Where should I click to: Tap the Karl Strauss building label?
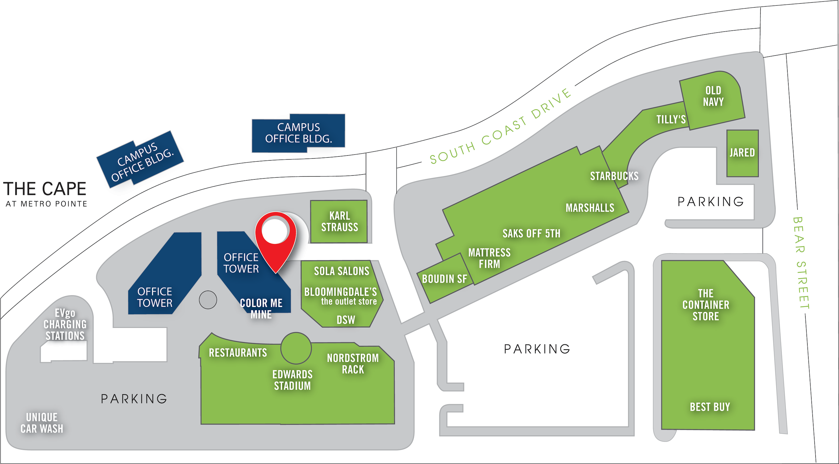(340, 222)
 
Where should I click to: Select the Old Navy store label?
(713, 96)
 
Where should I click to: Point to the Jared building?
(742, 153)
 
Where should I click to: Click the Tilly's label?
(671, 119)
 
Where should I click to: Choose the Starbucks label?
(614, 176)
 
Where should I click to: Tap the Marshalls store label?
(590, 208)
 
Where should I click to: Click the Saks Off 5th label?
(531, 234)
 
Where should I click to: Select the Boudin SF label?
(444, 279)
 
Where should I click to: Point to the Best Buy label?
(710, 407)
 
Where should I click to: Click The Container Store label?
(706, 305)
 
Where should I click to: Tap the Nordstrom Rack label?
(353, 364)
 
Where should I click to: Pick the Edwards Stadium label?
(292, 380)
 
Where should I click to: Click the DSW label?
(346, 320)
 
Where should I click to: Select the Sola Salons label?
(341, 271)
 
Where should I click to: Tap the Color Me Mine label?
(261, 309)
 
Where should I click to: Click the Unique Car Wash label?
(42, 423)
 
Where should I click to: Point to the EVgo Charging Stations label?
(65, 324)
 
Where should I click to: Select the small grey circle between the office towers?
(208, 300)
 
